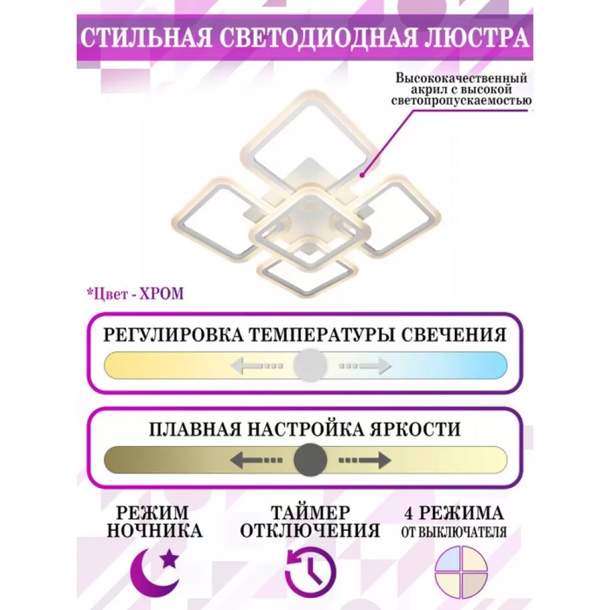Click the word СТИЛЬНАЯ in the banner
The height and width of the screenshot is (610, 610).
[x=146, y=38]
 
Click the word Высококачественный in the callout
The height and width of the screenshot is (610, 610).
[x=461, y=78]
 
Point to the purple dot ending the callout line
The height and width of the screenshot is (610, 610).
[x=362, y=176]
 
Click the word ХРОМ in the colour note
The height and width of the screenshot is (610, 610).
[x=162, y=294]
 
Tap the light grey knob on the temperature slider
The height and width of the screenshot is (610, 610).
[x=310, y=365]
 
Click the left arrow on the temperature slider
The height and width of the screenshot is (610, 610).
[x=256, y=365]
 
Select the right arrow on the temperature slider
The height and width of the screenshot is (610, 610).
[x=365, y=365]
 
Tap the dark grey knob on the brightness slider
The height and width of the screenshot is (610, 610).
[x=310, y=460]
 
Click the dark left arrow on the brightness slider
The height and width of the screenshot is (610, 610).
[x=256, y=460]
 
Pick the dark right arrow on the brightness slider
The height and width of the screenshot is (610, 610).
[x=365, y=460]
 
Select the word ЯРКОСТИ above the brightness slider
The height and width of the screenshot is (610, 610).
[x=415, y=429]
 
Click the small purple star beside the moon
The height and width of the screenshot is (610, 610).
[x=170, y=559]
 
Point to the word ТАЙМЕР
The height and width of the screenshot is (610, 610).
[x=310, y=513]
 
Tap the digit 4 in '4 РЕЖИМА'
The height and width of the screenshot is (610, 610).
[x=409, y=514]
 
